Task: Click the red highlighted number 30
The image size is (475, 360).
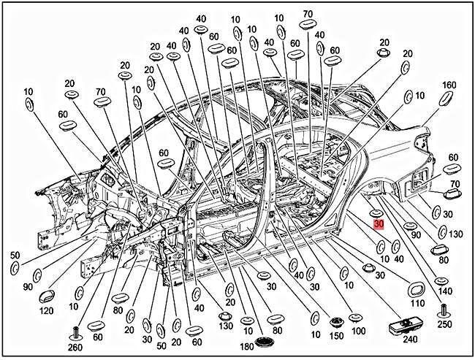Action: [378, 224]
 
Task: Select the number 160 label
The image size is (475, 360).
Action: [449, 84]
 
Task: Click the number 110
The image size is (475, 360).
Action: [418, 303]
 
